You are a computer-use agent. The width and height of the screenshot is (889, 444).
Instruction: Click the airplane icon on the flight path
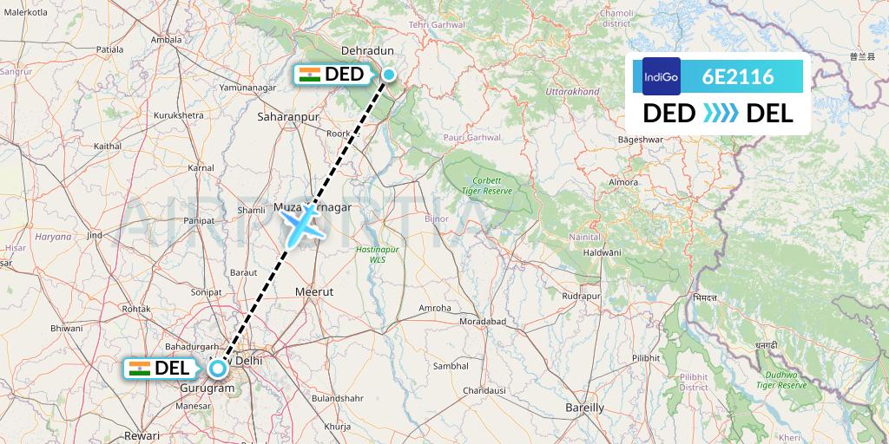click(302, 224)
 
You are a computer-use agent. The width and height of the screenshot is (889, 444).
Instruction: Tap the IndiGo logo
click(662, 76)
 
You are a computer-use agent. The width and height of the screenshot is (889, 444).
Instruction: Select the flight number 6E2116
click(738, 77)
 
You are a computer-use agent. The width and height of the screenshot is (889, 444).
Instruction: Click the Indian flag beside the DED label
click(309, 75)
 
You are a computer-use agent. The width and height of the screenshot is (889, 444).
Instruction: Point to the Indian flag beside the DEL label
click(139, 368)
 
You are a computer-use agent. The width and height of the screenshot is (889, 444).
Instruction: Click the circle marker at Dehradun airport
click(389, 75)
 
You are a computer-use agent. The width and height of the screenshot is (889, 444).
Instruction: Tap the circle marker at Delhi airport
click(217, 368)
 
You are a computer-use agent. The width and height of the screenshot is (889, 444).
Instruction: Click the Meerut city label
click(314, 292)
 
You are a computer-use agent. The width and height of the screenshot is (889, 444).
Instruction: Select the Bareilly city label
click(584, 407)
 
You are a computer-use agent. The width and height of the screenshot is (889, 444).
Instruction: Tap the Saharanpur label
click(289, 114)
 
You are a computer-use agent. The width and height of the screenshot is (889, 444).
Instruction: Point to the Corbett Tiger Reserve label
click(487, 185)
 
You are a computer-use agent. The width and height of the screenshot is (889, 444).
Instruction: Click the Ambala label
click(166, 39)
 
